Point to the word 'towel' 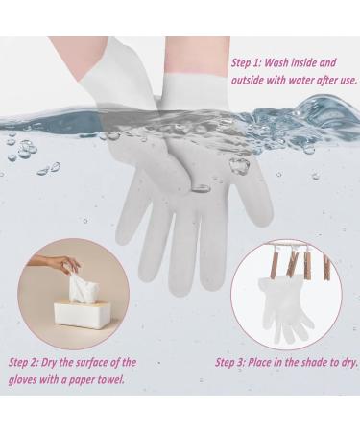point(123,379)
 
